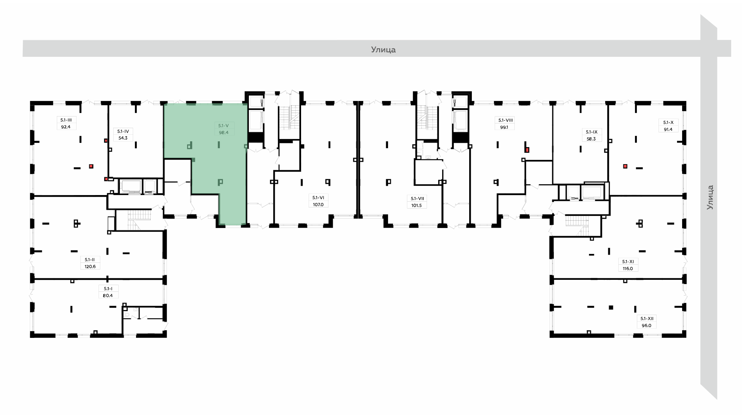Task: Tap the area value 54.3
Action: (123, 138)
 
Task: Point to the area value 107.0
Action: (318, 204)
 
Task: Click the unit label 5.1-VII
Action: (417, 199)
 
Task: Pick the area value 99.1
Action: (504, 127)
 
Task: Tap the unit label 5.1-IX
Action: (591, 132)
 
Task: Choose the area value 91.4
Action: (668, 129)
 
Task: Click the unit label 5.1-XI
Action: (628, 262)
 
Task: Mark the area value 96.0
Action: (646, 325)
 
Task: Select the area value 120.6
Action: (90, 266)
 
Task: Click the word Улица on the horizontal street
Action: (383, 50)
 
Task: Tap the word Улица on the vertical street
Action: (710, 197)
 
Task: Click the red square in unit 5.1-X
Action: (625, 166)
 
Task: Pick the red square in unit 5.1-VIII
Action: (527, 149)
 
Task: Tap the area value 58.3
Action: (591, 139)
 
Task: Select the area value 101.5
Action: (417, 206)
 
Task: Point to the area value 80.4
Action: (108, 295)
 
